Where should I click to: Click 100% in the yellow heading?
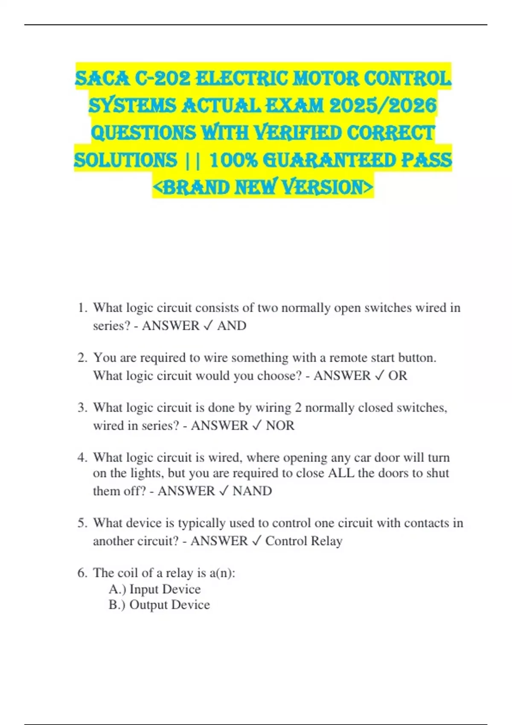point(234,160)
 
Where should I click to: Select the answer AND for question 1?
point(232,326)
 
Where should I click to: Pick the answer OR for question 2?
point(398,376)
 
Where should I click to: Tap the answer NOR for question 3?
point(280,426)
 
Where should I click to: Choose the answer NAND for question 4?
point(252,491)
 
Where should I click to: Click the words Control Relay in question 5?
point(304,541)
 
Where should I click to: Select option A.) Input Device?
point(154,589)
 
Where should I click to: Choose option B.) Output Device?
point(159,605)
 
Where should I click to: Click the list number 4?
point(82,458)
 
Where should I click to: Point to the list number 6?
point(82,573)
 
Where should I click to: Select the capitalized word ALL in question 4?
point(341,473)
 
